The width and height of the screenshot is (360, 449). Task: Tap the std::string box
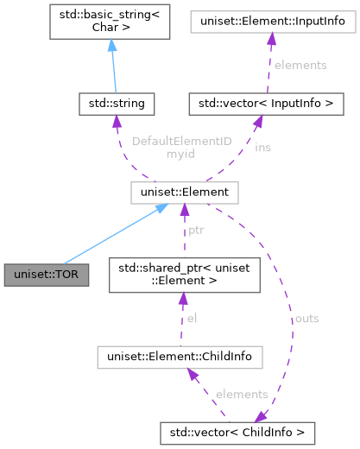pos(116,104)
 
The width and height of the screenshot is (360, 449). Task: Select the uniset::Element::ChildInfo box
pos(180,355)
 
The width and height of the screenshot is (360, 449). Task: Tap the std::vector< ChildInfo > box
pos(237,429)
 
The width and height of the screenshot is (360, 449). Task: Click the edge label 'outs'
pos(306,319)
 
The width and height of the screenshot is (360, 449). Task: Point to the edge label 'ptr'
pos(196,231)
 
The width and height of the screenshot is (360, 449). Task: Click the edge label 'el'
pos(193,318)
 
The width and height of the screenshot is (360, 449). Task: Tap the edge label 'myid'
pos(155,154)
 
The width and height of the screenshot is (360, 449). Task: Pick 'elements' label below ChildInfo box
pos(243,394)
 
